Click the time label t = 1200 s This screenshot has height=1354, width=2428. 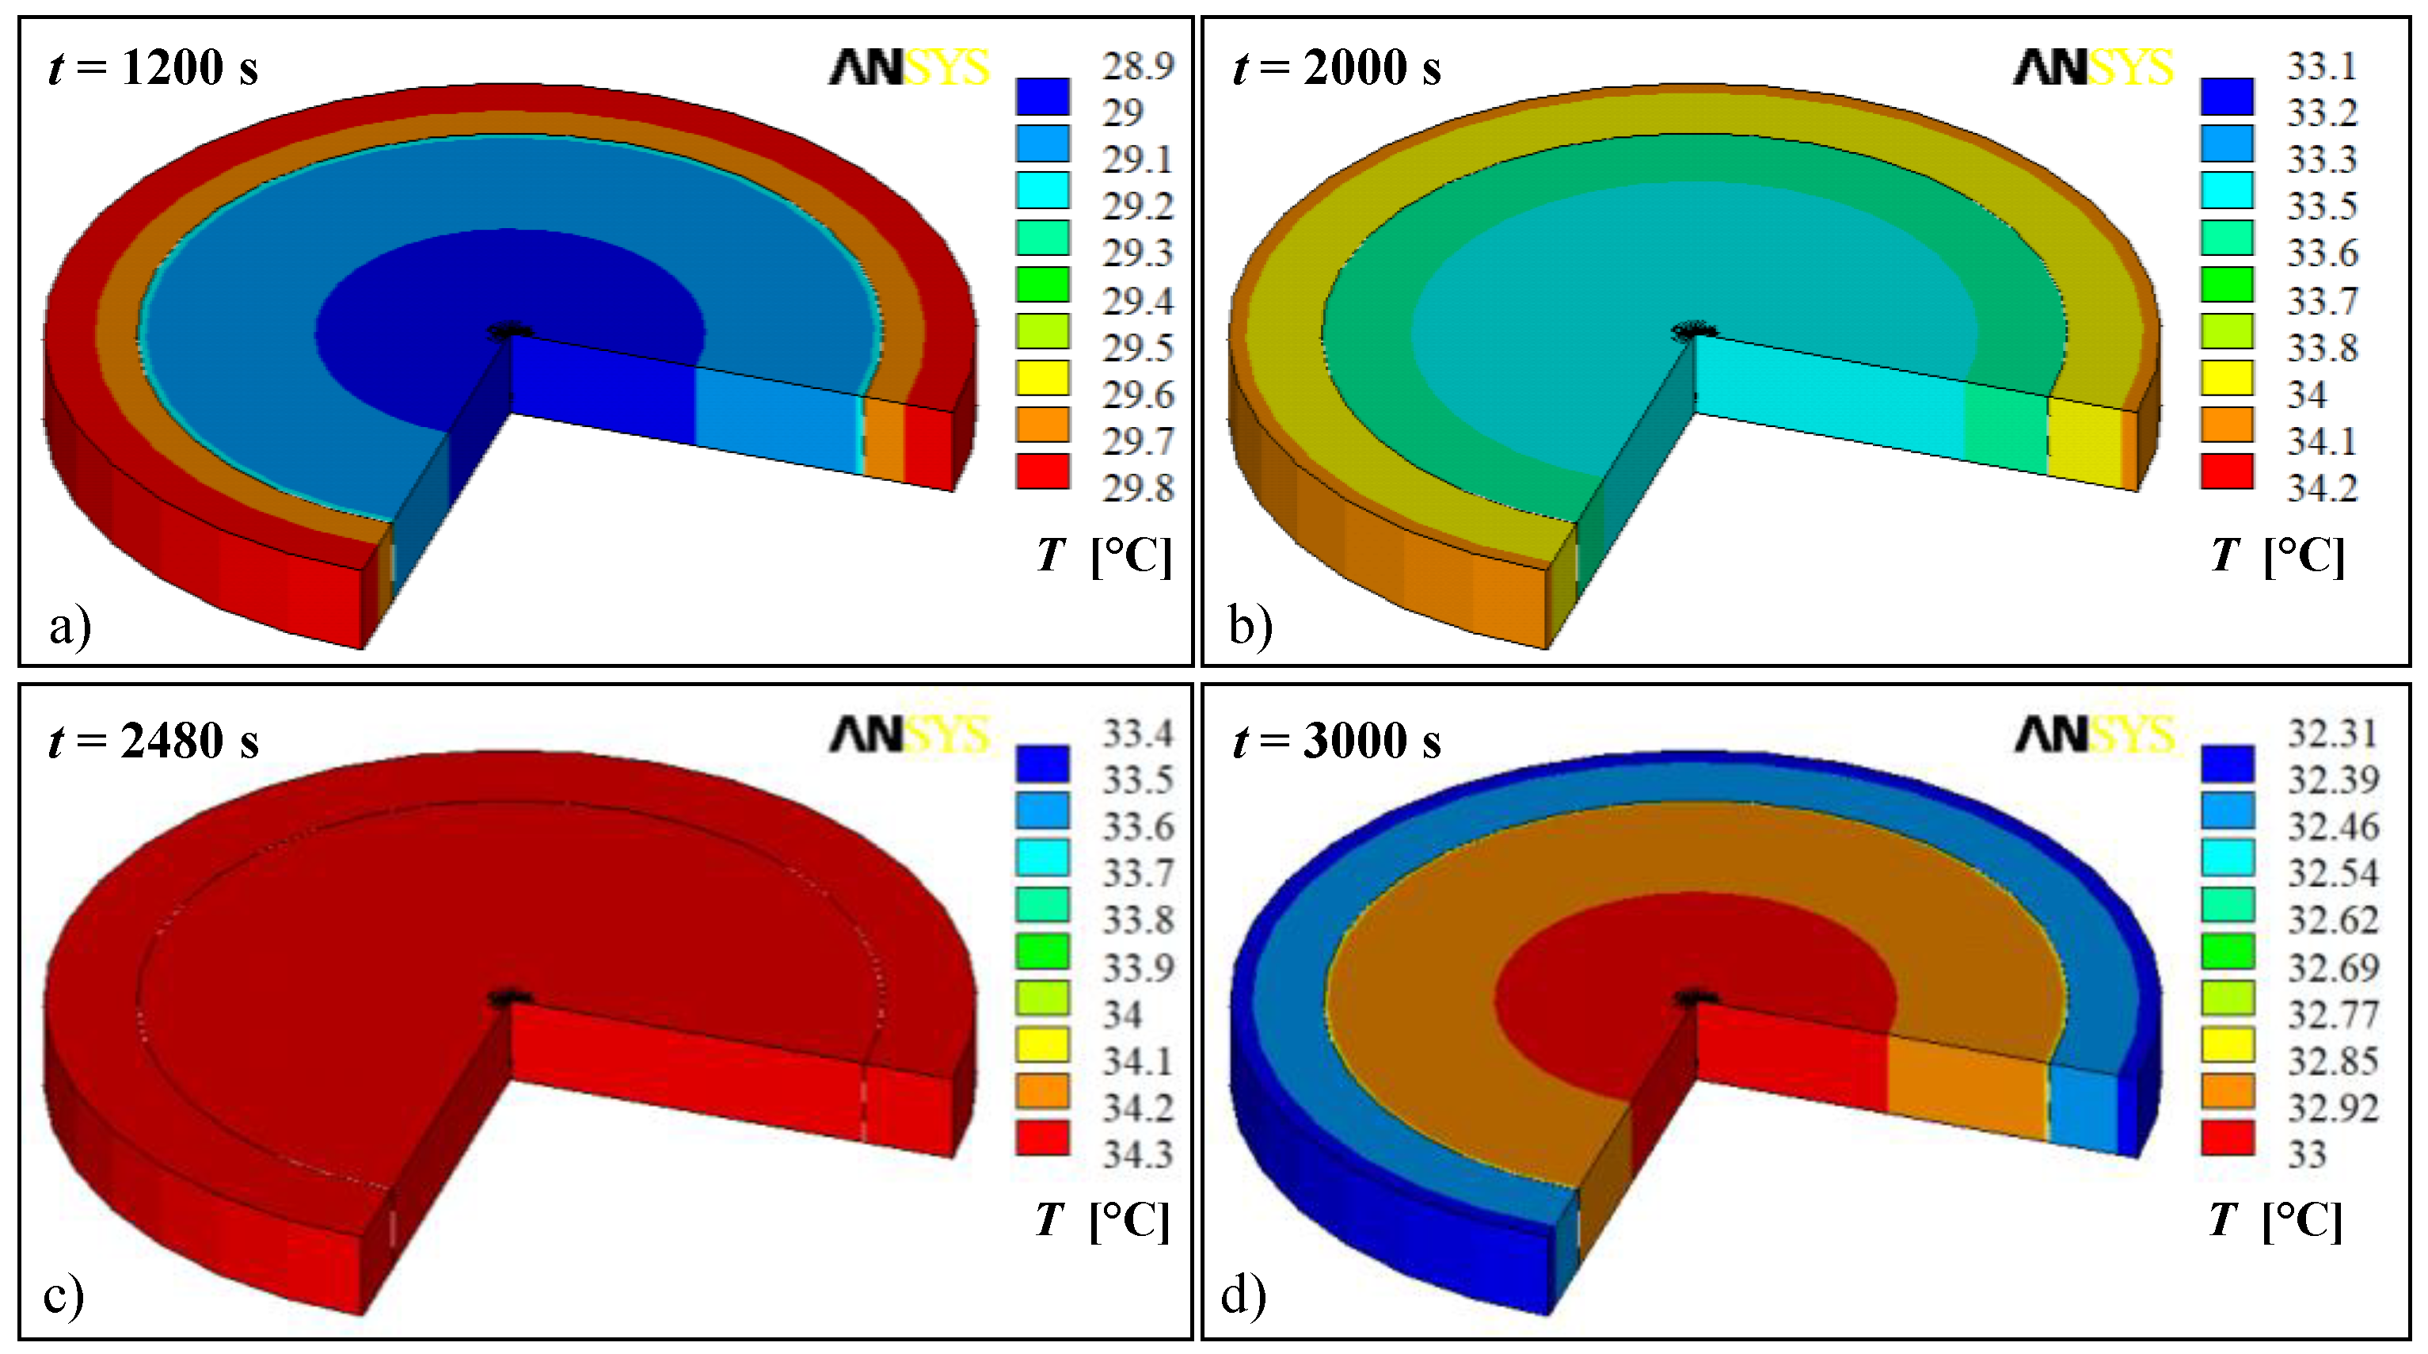[x=153, y=68]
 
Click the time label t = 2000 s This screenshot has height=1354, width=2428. [x=1337, y=68]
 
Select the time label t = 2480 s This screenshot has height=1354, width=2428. [x=153, y=741]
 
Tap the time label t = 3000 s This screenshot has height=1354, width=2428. [x=1337, y=741]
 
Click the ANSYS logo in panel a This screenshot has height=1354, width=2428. [x=908, y=68]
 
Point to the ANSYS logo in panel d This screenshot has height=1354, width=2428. [x=2095, y=734]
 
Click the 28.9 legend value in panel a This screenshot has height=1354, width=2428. [x=1138, y=66]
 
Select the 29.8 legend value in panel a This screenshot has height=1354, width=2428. [x=1138, y=488]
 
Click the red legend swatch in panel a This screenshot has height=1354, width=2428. [x=1042, y=471]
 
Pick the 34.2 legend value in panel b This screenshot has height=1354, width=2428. [x=2322, y=488]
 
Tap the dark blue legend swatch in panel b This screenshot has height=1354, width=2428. [x=2227, y=96]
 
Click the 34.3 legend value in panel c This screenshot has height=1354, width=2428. [x=1138, y=1154]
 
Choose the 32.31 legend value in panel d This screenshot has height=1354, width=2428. [x=2332, y=733]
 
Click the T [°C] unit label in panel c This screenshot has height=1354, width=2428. [x=1103, y=1220]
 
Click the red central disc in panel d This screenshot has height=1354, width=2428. [x=1696, y=952]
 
